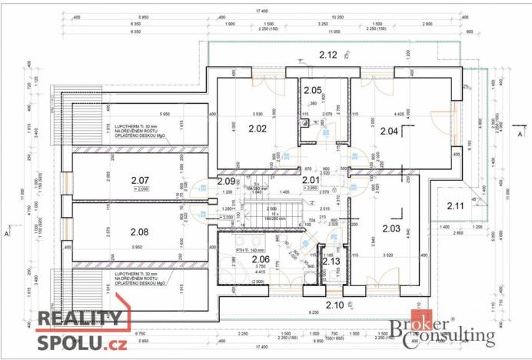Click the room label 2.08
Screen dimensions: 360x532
click(x=139, y=232)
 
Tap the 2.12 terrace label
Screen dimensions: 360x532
click(x=328, y=55)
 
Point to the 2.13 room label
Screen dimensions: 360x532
click(x=331, y=261)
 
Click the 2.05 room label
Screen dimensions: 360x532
click(x=311, y=91)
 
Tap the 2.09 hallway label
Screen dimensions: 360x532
click(x=226, y=181)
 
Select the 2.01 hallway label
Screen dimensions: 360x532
click(x=311, y=180)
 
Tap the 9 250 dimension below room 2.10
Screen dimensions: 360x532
click(x=312, y=313)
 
